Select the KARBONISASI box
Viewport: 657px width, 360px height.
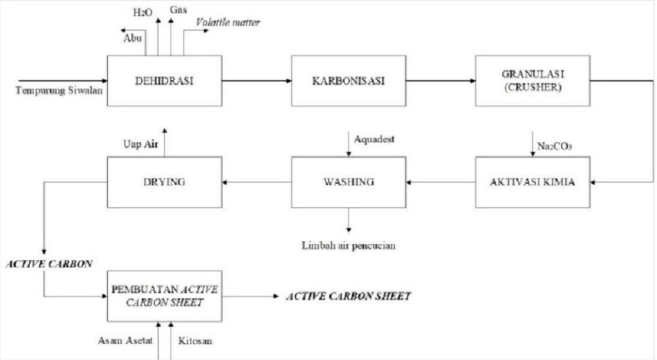[348, 80]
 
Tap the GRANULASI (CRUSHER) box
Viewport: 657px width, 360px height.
[532, 80]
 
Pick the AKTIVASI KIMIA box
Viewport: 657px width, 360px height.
[532, 182]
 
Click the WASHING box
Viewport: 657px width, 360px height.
[348, 182]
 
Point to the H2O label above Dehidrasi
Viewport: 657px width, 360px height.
[139, 12]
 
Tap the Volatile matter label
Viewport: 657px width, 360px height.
[228, 23]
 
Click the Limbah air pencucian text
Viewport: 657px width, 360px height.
[348, 245]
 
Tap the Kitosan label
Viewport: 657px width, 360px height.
[196, 341]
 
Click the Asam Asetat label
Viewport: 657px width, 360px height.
[125, 341]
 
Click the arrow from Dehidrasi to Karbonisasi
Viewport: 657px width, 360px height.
[256, 80]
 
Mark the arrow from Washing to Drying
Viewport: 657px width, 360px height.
[256, 182]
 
